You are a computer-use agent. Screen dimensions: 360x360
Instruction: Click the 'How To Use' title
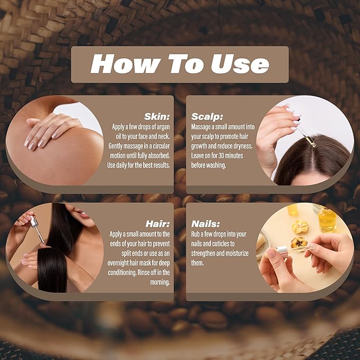coord(180,64)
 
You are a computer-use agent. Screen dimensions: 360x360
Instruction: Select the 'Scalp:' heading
coord(208,116)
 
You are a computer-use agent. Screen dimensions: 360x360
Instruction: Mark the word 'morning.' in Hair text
coord(157,282)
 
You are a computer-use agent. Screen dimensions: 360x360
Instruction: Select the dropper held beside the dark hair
coord(37,228)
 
